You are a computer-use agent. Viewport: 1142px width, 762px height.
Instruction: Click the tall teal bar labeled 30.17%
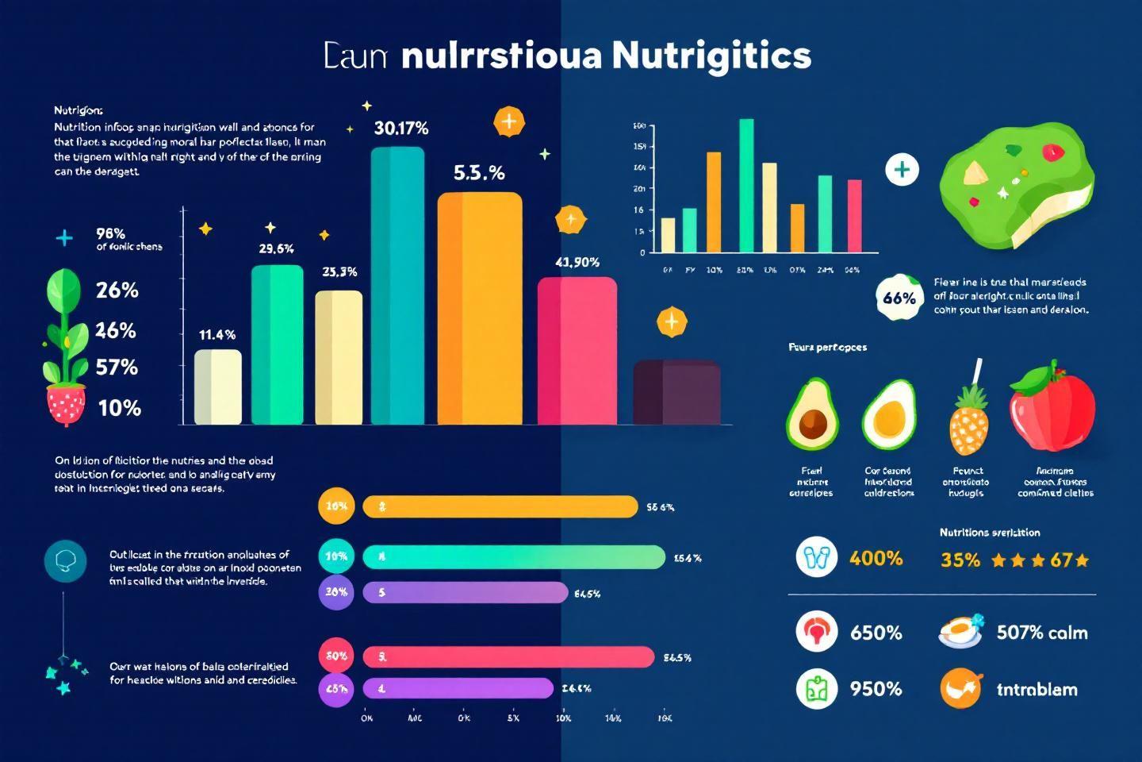(x=397, y=286)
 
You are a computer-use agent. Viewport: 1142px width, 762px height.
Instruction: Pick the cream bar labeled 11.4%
(x=218, y=387)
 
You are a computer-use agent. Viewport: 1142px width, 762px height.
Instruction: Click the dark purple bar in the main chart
(x=676, y=392)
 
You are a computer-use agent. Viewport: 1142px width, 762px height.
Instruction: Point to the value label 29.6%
(x=276, y=248)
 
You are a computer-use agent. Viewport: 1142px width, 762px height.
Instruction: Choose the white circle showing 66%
(x=899, y=298)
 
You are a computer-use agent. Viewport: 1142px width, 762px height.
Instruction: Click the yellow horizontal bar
(x=500, y=506)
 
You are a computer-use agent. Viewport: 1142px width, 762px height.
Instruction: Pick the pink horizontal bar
(x=508, y=656)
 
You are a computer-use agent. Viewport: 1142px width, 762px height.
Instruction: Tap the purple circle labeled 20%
(x=335, y=592)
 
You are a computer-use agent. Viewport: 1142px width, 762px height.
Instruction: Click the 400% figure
(x=876, y=559)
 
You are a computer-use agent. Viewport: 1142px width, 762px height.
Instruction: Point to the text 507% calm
(x=1041, y=633)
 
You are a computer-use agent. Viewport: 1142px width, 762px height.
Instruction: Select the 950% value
(x=876, y=688)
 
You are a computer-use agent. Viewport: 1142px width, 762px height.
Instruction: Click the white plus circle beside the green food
(x=902, y=170)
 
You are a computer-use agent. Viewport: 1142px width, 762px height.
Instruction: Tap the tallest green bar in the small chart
(x=746, y=185)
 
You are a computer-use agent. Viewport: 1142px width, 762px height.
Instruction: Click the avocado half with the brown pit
(x=811, y=414)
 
